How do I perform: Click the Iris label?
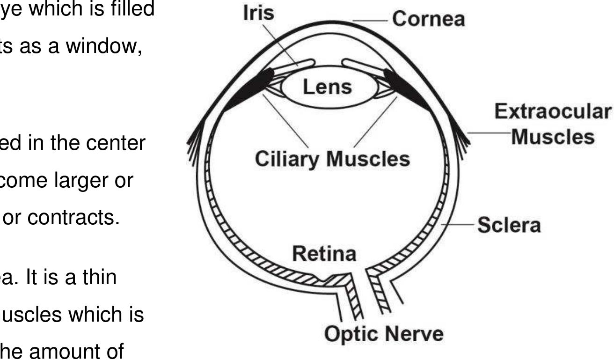(258, 13)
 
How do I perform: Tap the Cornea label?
(428, 19)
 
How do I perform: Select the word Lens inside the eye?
(327, 88)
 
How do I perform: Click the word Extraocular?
(553, 112)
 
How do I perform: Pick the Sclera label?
(509, 226)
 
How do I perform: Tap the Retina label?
(324, 254)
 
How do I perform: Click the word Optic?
(351, 334)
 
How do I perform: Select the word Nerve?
(414, 334)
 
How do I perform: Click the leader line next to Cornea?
(370, 21)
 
